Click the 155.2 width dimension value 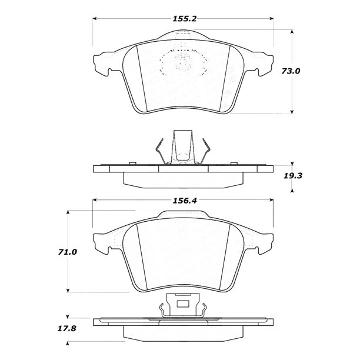click(185, 19)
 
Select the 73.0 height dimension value click(291, 71)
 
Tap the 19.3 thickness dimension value click(293, 176)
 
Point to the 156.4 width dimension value click(185, 201)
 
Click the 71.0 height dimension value click(67, 252)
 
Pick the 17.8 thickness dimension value click(66, 329)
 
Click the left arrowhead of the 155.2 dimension click(95, 19)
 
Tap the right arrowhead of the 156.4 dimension click(271, 201)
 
